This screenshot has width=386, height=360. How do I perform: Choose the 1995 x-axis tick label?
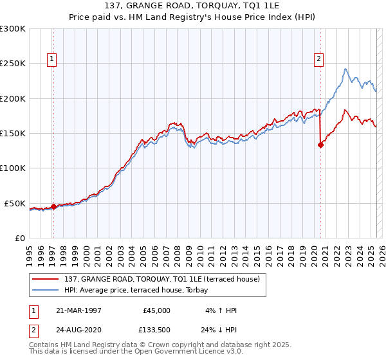point(30,252)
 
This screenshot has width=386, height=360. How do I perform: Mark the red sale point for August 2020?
point(320,145)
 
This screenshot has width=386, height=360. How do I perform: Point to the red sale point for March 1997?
point(53,206)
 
